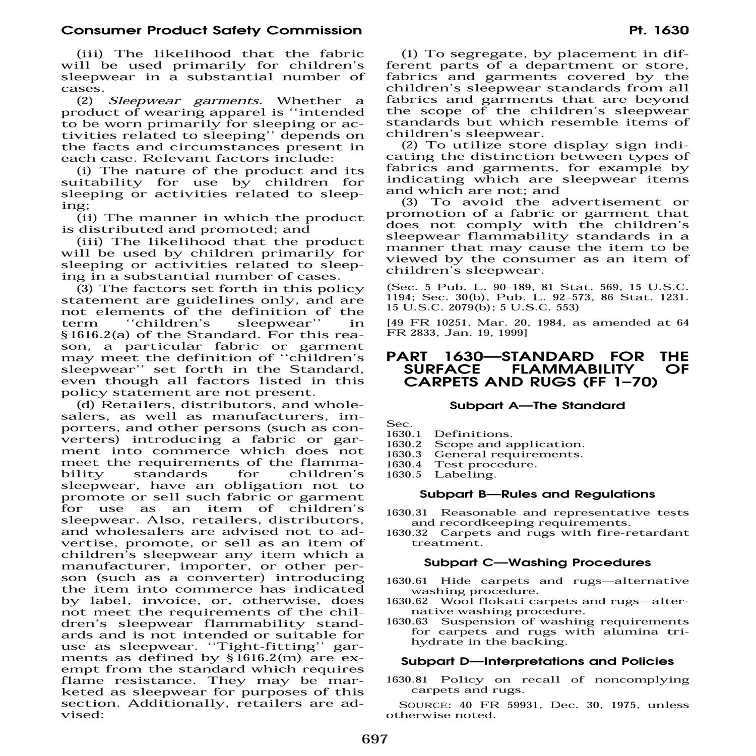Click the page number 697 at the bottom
(374, 739)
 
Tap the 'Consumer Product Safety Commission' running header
(211, 31)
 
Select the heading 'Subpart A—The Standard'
(537, 406)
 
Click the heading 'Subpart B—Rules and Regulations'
(537, 494)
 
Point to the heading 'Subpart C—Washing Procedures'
(537, 562)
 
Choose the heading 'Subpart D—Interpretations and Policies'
(537, 661)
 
